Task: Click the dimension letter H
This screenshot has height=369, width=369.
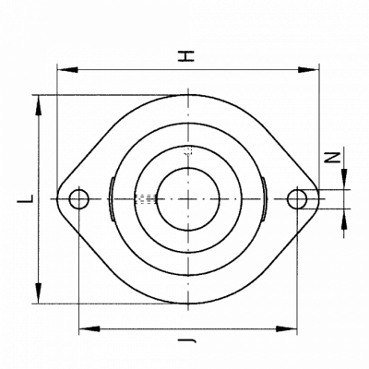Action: (186, 56)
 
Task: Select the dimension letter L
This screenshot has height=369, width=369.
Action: (25, 198)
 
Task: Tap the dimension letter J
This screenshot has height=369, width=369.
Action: (187, 340)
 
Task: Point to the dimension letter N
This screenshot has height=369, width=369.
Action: (333, 158)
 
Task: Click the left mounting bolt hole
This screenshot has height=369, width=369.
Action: (79, 199)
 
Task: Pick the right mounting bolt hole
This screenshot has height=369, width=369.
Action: (297, 199)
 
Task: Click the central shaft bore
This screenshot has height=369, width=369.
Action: (188, 199)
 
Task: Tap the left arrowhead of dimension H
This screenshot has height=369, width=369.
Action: (67, 70)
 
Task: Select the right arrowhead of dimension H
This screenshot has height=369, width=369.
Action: (308, 70)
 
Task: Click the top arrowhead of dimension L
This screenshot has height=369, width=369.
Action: (39, 105)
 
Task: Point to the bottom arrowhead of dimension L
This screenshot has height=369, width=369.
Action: (39, 293)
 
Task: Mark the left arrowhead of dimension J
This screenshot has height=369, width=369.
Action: (89, 328)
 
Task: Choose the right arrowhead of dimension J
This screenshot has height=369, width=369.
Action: (287, 328)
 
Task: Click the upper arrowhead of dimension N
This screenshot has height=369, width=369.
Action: (344, 179)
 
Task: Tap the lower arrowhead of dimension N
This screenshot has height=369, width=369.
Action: (344, 219)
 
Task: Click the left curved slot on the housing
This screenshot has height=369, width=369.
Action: (112, 199)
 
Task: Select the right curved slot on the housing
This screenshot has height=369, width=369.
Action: (264, 199)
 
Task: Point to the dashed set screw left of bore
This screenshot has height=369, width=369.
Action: (147, 199)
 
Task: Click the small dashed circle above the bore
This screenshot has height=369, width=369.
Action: (187, 150)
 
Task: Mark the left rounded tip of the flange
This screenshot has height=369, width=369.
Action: (58, 199)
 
